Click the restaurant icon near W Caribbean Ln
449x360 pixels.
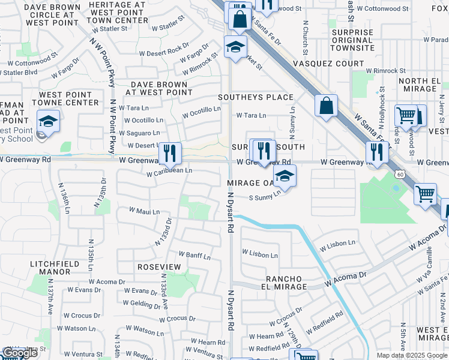tap(170, 154)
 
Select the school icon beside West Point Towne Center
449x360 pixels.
tap(47, 121)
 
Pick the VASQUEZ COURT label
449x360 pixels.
tap(328, 63)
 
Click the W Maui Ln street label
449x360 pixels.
tap(145, 211)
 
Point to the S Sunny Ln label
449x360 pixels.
tap(265, 196)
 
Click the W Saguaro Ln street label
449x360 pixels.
tap(139, 133)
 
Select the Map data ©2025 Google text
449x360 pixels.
tap(412, 355)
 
